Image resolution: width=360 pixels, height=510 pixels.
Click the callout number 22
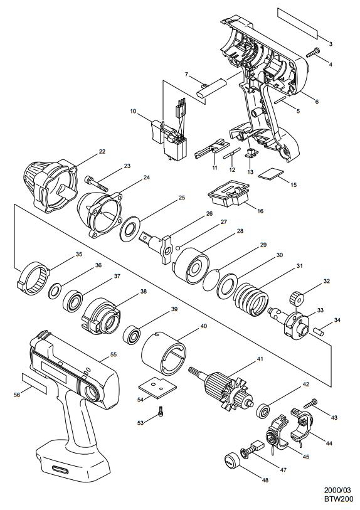click(102, 151)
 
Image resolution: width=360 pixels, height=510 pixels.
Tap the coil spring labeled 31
click(251, 298)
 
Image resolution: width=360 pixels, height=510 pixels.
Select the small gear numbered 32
click(296, 298)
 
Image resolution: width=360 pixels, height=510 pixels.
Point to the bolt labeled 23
click(96, 183)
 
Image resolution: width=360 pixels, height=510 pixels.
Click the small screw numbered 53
click(160, 411)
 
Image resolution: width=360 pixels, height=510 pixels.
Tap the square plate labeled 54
click(157, 388)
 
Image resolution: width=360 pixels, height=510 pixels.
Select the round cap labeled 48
click(231, 460)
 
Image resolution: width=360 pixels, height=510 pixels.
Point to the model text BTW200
click(338, 499)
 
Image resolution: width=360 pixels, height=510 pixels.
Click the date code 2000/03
click(338, 490)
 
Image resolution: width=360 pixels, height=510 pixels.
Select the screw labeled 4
click(313, 52)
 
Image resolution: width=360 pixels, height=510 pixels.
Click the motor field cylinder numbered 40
click(164, 354)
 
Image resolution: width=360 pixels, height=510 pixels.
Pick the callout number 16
click(260, 211)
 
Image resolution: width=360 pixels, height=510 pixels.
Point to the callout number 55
click(113, 354)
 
